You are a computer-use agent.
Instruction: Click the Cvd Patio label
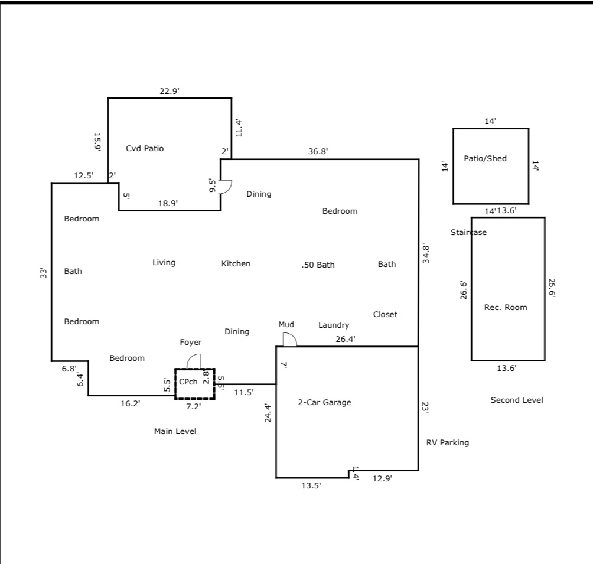pyautogui.click(x=145, y=149)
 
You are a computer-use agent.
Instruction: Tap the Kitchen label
pyautogui.click(x=236, y=264)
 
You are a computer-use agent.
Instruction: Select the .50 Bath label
pyautogui.click(x=318, y=265)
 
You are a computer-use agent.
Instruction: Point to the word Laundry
pyautogui.click(x=334, y=325)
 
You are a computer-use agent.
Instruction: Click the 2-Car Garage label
pyautogui.click(x=324, y=403)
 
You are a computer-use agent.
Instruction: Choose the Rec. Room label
pyautogui.click(x=506, y=307)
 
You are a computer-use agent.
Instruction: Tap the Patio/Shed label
pyautogui.click(x=485, y=159)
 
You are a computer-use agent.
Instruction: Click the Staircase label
pyautogui.click(x=468, y=233)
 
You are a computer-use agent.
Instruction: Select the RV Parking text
pyautogui.click(x=448, y=442)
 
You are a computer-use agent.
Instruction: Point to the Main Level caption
pyautogui.click(x=175, y=432)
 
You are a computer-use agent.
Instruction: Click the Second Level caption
pyautogui.click(x=517, y=400)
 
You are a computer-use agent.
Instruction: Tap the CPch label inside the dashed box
pyautogui.click(x=188, y=382)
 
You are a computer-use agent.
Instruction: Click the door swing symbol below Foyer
pyautogui.click(x=194, y=361)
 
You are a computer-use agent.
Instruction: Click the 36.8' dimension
pyautogui.click(x=318, y=152)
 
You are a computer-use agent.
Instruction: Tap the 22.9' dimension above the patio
pyautogui.click(x=170, y=91)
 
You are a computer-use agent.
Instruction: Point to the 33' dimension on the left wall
pyautogui.click(x=43, y=273)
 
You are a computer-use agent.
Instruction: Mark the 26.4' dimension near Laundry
pyautogui.click(x=345, y=339)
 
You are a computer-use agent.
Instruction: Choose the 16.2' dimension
pyautogui.click(x=131, y=403)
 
